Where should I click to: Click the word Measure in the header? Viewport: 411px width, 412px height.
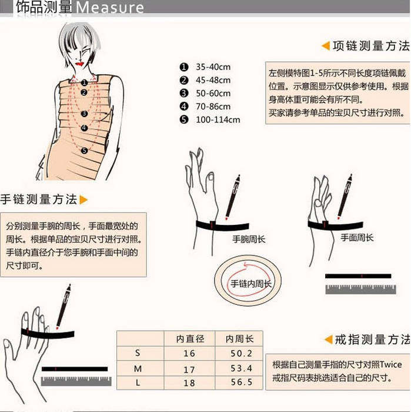(x=110, y=8)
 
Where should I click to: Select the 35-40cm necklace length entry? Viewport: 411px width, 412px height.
(x=213, y=67)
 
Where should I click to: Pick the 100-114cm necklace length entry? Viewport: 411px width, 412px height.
(x=218, y=119)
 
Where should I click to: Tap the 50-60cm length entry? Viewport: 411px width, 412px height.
(x=213, y=93)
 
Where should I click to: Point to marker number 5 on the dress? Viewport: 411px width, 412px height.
(x=85, y=151)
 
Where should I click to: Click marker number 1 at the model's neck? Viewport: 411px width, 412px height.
(x=85, y=83)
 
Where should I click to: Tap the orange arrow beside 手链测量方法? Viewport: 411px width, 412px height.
(x=83, y=200)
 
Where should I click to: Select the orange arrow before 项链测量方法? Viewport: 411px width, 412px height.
(x=325, y=46)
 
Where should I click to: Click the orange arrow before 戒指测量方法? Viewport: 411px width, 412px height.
(x=329, y=340)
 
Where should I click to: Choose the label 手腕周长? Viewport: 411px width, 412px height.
(x=248, y=239)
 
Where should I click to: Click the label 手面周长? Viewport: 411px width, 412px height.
(x=357, y=238)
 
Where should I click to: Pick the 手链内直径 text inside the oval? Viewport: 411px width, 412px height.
(x=250, y=284)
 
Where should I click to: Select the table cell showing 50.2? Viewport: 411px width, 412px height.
(x=242, y=353)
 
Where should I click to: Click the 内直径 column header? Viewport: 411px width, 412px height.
(x=190, y=338)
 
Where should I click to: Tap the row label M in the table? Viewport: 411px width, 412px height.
(x=138, y=368)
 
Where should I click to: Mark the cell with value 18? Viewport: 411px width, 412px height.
(x=189, y=383)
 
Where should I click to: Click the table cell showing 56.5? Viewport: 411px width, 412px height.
(x=242, y=383)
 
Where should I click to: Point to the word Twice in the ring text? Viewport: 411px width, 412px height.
(x=390, y=364)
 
